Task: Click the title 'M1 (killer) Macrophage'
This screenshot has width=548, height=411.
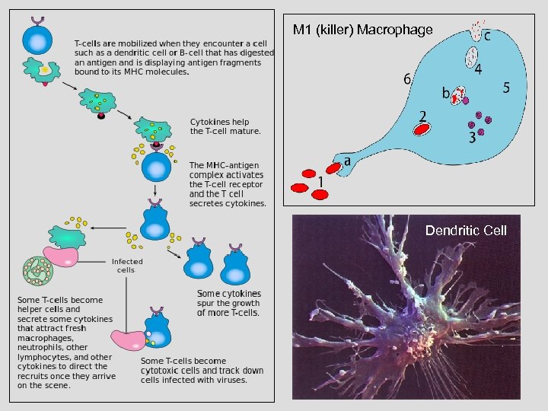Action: pos(363,30)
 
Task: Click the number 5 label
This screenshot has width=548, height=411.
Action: pos(506,88)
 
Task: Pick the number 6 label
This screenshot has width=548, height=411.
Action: pos(408,78)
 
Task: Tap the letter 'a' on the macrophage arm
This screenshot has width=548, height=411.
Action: pos(347,161)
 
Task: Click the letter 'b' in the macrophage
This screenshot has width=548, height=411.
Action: pos(446,94)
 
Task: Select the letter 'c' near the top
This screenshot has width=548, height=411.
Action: pos(486,35)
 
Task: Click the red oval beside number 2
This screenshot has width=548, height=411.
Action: pos(422,129)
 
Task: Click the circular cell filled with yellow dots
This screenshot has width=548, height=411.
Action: pos(36,269)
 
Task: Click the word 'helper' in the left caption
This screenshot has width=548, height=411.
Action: pos(30,310)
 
